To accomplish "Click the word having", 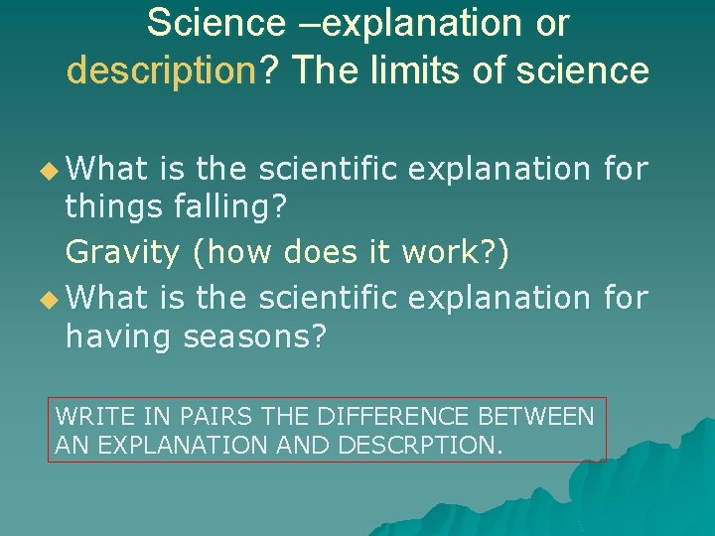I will pyautogui.click(x=119, y=338).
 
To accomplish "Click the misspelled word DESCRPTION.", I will pyautogui.click(x=421, y=445).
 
